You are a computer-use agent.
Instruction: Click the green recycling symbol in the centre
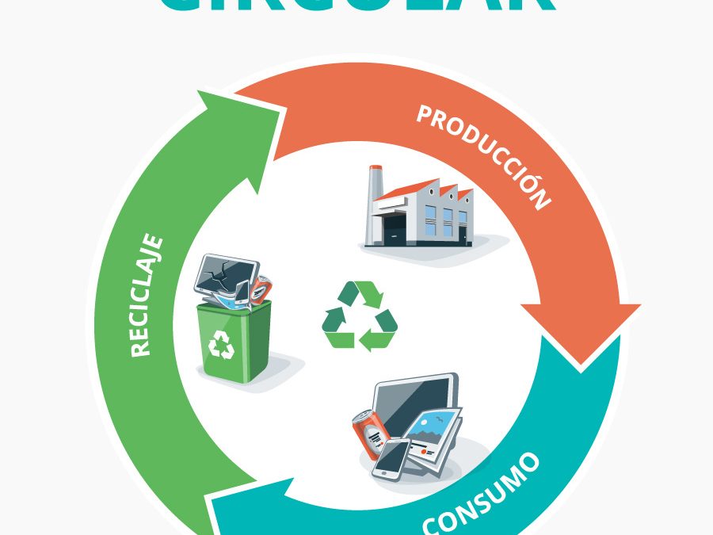point(360,315)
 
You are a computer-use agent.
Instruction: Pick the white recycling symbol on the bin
point(222,345)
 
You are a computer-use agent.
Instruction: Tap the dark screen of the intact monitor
point(412,400)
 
